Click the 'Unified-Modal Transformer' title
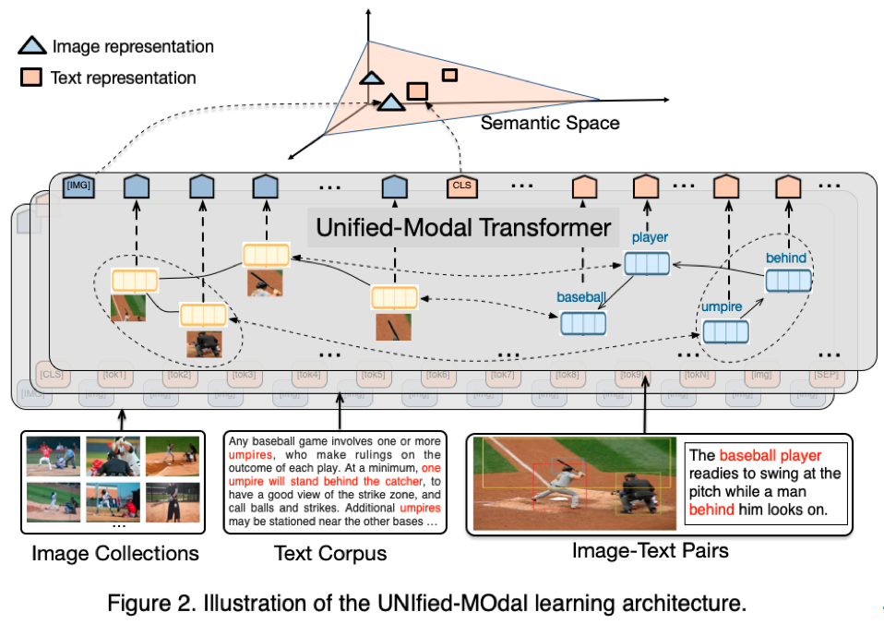463,227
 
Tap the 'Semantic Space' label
549,123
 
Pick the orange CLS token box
460,187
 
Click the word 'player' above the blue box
650,238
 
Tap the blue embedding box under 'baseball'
583,323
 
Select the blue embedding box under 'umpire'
725,331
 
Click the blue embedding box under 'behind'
788,281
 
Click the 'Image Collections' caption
115,554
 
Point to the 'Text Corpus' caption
330,554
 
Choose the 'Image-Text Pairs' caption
651,551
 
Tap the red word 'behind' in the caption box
712,509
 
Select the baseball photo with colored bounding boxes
572,484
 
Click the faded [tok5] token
376,376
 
